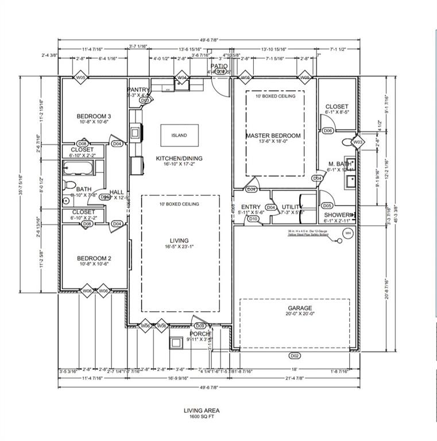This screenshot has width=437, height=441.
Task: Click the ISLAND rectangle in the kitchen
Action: click(179, 136)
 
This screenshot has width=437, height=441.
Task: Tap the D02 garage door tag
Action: click(294, 355)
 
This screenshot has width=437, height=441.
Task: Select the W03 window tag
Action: click(357, 141)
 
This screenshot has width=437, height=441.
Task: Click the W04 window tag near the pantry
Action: click(181, 78)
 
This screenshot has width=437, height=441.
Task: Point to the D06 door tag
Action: click(327, 130)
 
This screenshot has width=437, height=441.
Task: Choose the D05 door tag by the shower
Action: click(327, 205)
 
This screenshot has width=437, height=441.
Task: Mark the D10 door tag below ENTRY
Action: click(253, 218)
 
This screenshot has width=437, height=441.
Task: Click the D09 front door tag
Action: click(200, 326)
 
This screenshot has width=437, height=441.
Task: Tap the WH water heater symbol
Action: click(347, 233)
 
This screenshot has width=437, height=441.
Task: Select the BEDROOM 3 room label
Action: click(94, 117)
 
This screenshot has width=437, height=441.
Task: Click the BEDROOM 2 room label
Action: click(94, 258)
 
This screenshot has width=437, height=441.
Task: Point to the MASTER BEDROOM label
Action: click(273, 136)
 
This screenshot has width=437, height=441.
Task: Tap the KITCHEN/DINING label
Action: click(179, 158)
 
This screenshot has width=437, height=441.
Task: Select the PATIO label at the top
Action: click(219, 66)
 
